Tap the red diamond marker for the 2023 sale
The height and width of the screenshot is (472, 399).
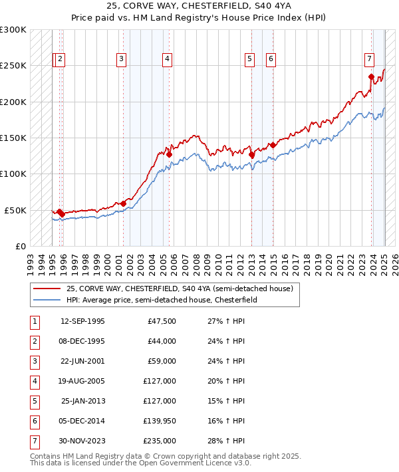[x=371, y=76]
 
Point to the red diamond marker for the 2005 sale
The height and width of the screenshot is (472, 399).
[x=170, y=154]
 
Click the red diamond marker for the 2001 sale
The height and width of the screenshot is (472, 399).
[x=124, y=203]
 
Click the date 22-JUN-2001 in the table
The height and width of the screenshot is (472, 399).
[x=82, y=362]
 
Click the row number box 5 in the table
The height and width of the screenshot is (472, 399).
[x=34, y=402]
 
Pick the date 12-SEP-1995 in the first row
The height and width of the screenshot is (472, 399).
[x=82, y=322]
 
